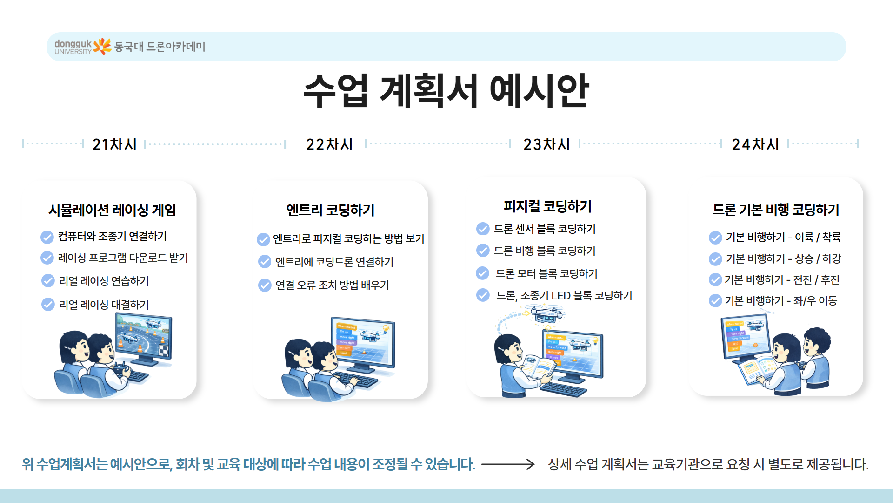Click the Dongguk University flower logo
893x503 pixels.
[102, 47]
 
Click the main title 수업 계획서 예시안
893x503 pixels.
[446, 91]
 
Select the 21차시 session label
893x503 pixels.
[114, 144]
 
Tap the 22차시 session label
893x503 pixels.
[329, 144]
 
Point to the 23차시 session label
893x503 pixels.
[546, 144]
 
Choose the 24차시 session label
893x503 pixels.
[755, 144]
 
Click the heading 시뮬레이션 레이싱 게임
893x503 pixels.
[112, 210]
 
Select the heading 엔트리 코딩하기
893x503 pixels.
[330, 210]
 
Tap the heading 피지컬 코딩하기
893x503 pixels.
[547, 206]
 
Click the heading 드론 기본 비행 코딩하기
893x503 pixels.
[776, 210]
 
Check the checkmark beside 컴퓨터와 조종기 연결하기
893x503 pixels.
[47, 237]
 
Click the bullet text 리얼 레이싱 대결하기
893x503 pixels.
[104, 305]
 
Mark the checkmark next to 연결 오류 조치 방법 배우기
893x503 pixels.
[265, 285]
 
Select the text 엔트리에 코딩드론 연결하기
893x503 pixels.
[334, 262]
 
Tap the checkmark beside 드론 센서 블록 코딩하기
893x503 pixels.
[483, 229]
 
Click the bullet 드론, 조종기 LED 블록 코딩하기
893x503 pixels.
[564, 296]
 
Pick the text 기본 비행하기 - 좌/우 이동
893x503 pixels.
[780, 301]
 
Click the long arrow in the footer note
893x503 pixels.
[508, 464]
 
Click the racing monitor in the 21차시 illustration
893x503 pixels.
[144, 337]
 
